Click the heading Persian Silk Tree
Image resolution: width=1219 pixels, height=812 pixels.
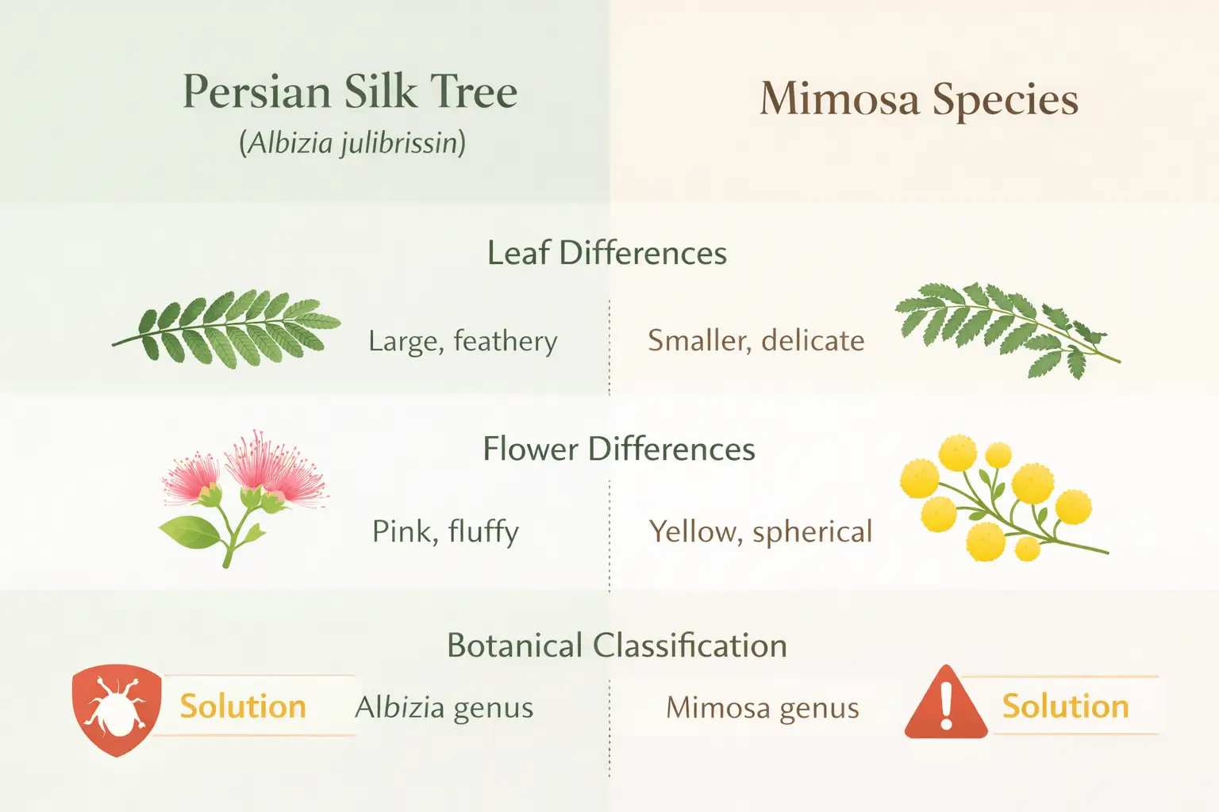coord(350,92)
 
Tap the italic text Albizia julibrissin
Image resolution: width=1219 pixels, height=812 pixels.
coord(352,144)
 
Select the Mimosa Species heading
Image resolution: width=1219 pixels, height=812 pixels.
coord(919,100)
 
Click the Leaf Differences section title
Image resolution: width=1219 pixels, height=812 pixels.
coord(607,253)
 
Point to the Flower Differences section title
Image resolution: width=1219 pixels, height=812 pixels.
coord(619,449)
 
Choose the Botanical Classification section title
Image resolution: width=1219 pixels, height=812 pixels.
coord(617,645)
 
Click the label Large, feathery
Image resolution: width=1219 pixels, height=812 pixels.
coord(463,341)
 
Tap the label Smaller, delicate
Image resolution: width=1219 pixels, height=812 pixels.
coord(756,341)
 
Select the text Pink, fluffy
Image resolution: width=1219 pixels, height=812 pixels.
coord(445,531)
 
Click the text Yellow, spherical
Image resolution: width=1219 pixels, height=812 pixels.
coord(760,531)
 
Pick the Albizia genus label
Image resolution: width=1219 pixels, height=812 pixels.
coord(444,707)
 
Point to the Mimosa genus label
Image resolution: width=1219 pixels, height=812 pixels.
coord(762,707)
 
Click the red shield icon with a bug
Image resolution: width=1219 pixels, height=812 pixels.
coord(117,708)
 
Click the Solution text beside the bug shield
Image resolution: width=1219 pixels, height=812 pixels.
coord(243,706)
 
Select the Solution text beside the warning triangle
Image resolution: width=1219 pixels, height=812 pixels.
coord(1065,706)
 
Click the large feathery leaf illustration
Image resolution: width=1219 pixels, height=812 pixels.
coord(227,329)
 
